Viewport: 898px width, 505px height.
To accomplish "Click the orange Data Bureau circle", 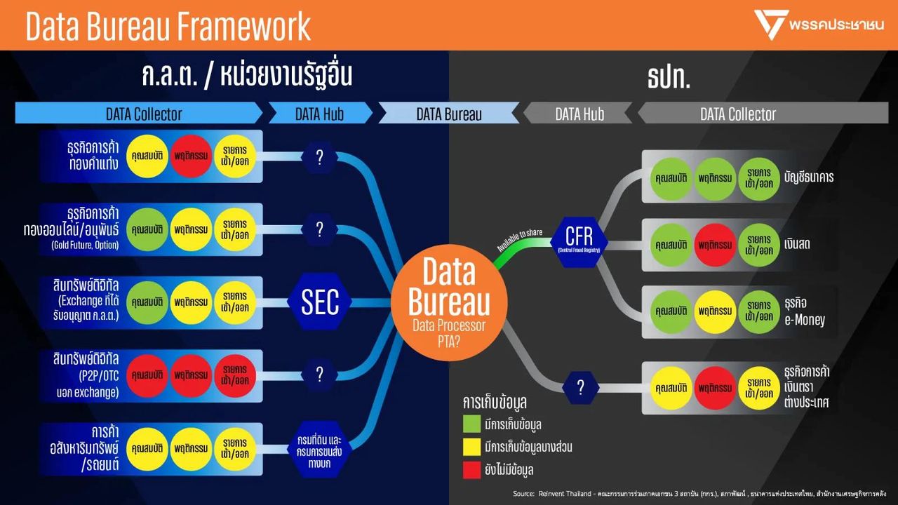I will (449, 302).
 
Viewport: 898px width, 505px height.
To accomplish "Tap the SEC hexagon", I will (320, 302).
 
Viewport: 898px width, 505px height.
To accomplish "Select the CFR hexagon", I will (579, 238).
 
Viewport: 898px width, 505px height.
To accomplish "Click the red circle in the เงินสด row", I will (715, 245).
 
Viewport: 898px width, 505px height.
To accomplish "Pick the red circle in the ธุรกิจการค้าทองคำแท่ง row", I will (190, 155).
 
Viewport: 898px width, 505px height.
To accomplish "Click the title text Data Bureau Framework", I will (168, 26).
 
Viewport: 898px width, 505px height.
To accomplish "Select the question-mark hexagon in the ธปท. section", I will (580, 387).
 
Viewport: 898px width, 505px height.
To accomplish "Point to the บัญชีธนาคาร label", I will (809, 177).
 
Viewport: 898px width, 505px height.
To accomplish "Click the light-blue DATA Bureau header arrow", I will (449, 114).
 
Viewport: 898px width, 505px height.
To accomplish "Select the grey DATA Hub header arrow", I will (579, 114).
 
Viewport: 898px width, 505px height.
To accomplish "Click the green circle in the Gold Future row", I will (147, 229).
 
